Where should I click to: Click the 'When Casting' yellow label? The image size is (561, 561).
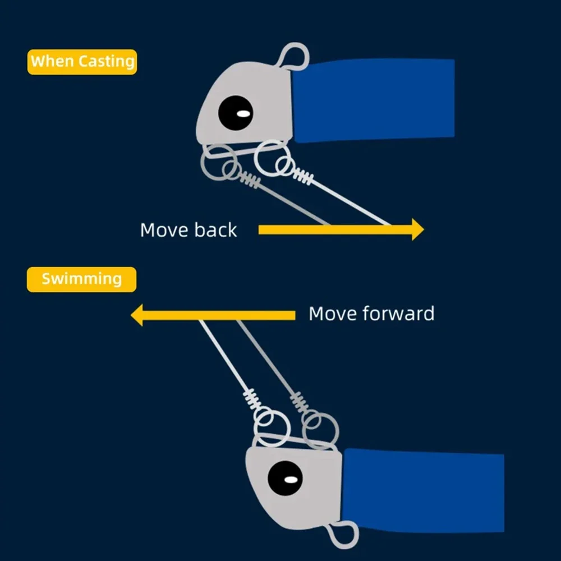[82, 61]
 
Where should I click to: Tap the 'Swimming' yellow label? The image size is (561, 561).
[81, 279]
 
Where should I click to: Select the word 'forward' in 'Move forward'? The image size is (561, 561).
[399, 313]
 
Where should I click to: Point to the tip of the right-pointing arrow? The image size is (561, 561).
[423, 229]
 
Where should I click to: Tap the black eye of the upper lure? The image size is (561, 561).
[235, 113]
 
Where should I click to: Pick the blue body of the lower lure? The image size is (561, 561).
[424, 490]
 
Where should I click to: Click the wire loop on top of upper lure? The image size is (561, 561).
[294, 57]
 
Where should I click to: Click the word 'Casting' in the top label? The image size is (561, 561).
[107, 61]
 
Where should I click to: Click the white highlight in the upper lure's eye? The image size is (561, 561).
[243, 114]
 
